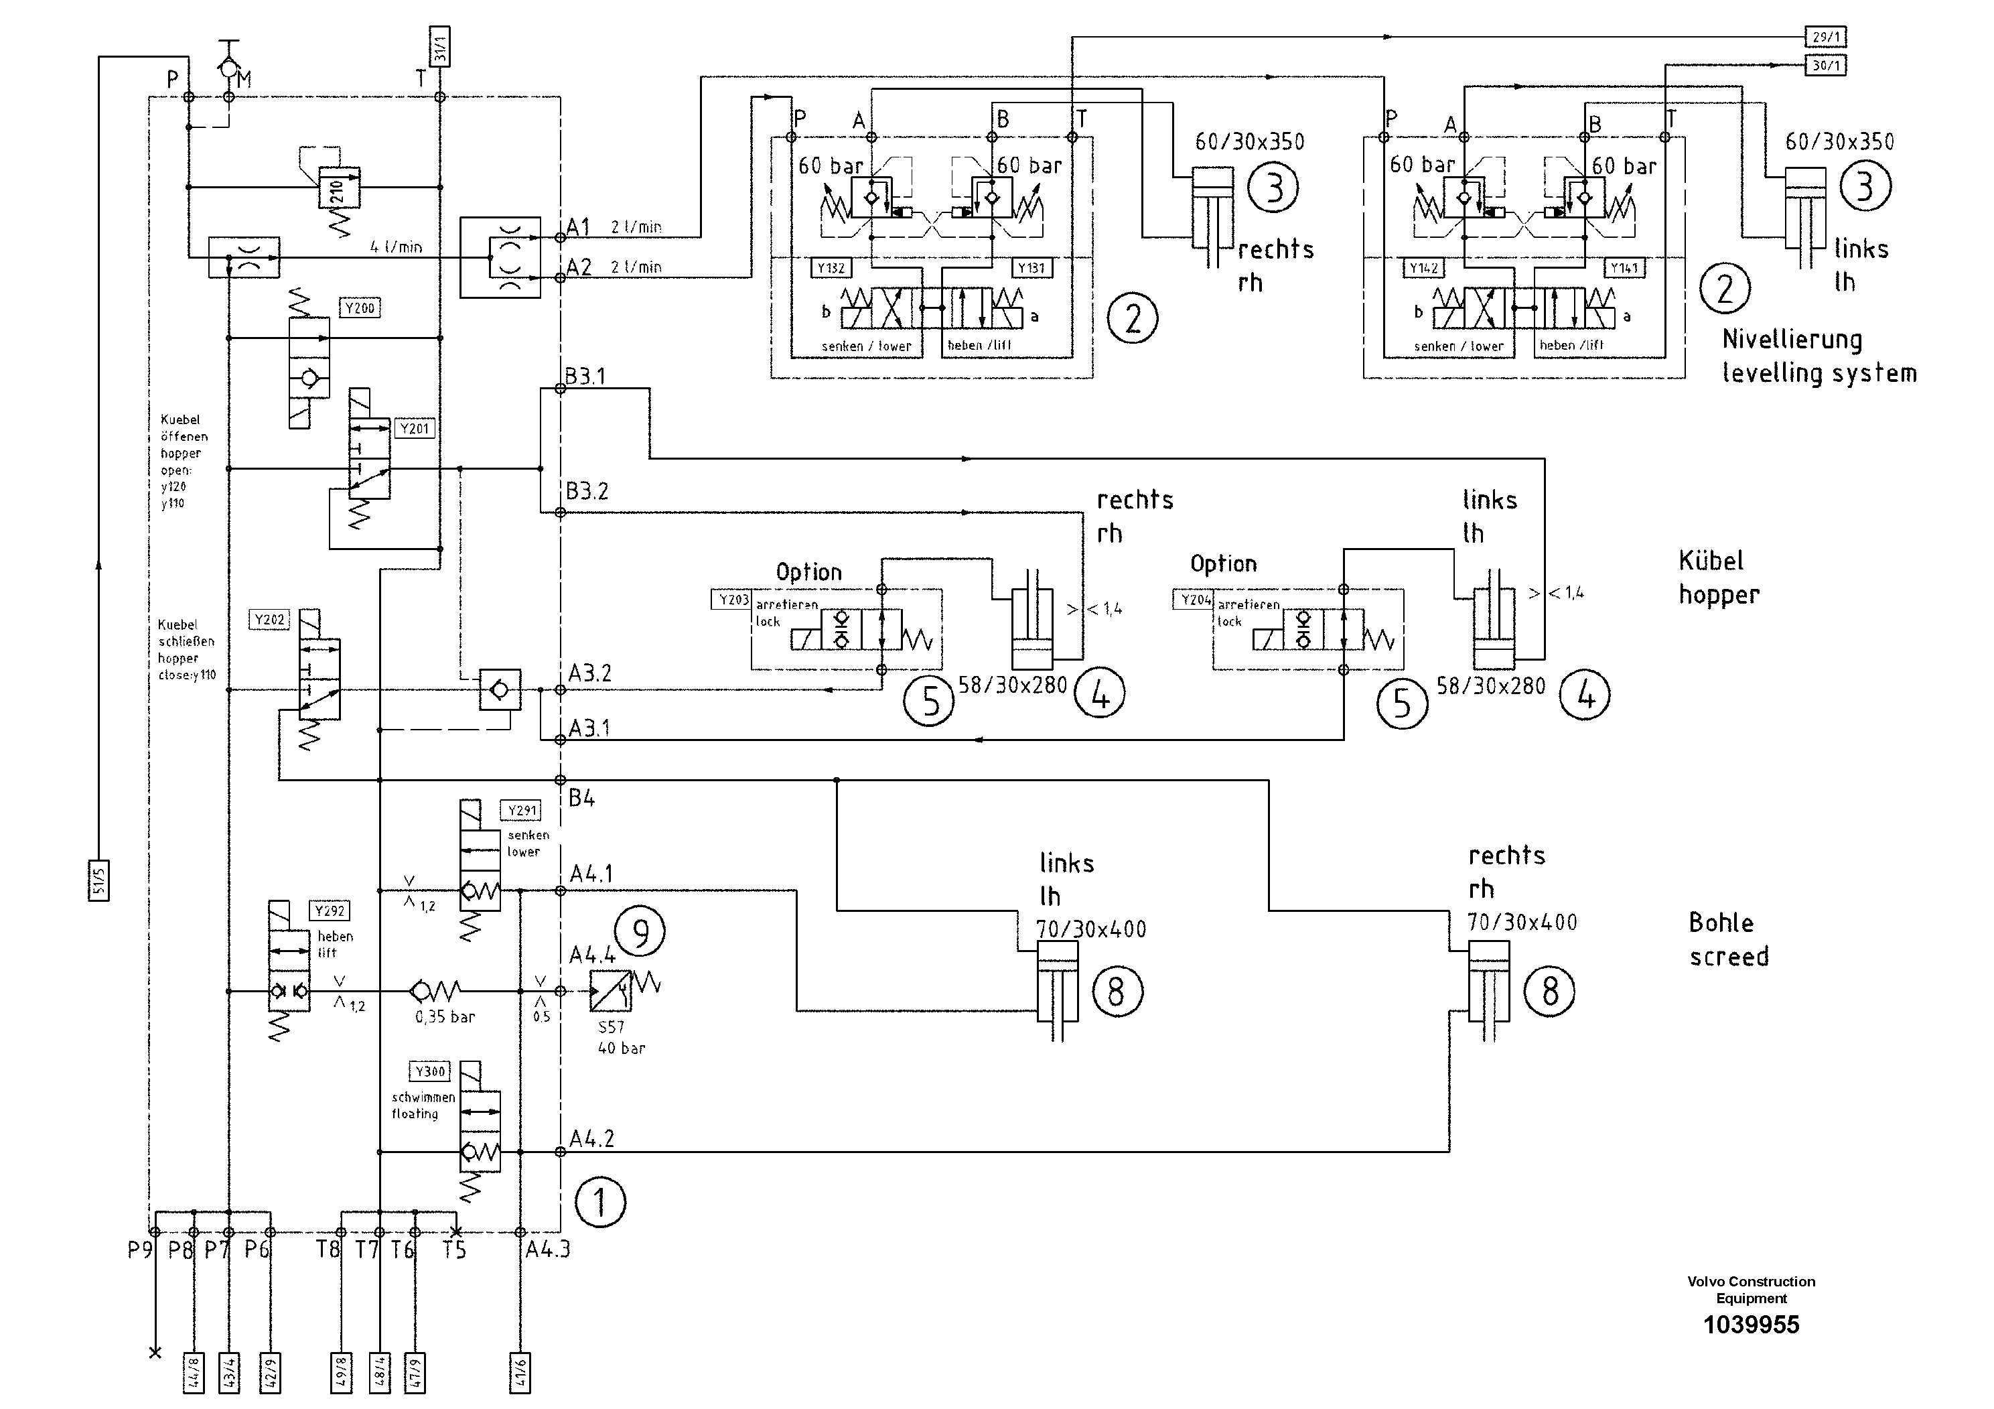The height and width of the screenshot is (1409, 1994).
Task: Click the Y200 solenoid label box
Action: (x=360, y=308)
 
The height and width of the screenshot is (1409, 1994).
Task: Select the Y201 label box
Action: (x=414, y=429)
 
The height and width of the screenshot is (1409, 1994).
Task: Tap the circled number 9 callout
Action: (x=640, y=932)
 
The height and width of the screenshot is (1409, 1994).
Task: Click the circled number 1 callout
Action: (x=600, y=1203)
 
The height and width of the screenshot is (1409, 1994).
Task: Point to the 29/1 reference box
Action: (x=1825, y=38)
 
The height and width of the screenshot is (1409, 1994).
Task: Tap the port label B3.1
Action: (x=585, y=376)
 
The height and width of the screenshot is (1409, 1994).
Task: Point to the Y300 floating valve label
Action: (x=430, y=1072)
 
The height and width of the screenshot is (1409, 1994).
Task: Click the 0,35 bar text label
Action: (x=445, y=1017)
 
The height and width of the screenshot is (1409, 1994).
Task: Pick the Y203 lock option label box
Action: (x=732, y=600)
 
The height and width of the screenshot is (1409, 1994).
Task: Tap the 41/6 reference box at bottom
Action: (x=519, y=1373)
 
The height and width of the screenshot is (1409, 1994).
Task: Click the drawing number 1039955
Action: (x=1751, y=1325)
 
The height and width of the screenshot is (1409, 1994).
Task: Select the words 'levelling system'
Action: (x=1819, y=375)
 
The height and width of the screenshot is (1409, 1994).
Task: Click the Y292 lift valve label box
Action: (x=329, y=911)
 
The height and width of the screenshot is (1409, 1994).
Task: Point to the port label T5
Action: (x=454, y=1250)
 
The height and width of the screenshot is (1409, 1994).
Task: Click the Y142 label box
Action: (x=1423, y=269)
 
